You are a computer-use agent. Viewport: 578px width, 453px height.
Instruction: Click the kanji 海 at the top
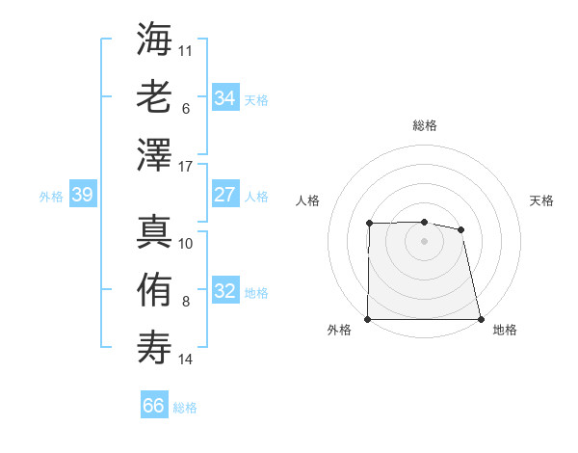tap(155, 40)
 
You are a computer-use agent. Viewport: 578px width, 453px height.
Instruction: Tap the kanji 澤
tap(155, 154)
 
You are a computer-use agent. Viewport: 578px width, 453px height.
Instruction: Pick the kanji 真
tap(155, 231)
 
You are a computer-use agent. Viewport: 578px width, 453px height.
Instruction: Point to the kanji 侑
tap(155, 288)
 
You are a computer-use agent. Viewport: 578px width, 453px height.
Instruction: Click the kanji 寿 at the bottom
tap(155, 344)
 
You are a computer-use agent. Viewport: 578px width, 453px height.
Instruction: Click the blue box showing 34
tap(224, 98)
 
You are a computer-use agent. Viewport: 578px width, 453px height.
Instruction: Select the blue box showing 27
tap(224, 195)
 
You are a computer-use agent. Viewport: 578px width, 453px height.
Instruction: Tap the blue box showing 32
tap(224, 291)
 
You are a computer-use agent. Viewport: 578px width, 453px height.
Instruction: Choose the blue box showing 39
tap(82, 196)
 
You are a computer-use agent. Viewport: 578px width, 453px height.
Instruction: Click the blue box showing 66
tap(153, 406)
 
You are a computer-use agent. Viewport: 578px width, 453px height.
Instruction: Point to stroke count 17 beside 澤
tap(187, 167)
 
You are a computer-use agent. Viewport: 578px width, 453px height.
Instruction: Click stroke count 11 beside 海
tap(186, 49)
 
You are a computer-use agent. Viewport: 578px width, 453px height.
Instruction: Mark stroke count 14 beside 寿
tap(186, 360)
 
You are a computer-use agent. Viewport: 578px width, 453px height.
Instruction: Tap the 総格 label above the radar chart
tap(424, 125)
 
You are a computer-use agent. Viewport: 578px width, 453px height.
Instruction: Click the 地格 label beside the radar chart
tap(505, 330)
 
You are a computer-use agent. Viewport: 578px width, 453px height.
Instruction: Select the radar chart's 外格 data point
tap(368, 319)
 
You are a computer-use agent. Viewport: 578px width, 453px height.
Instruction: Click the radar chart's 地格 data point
tap(480, 319)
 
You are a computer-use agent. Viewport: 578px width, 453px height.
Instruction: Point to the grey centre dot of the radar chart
tap(424, 241)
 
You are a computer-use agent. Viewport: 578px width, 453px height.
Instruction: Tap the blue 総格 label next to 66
tap(185, 408)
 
